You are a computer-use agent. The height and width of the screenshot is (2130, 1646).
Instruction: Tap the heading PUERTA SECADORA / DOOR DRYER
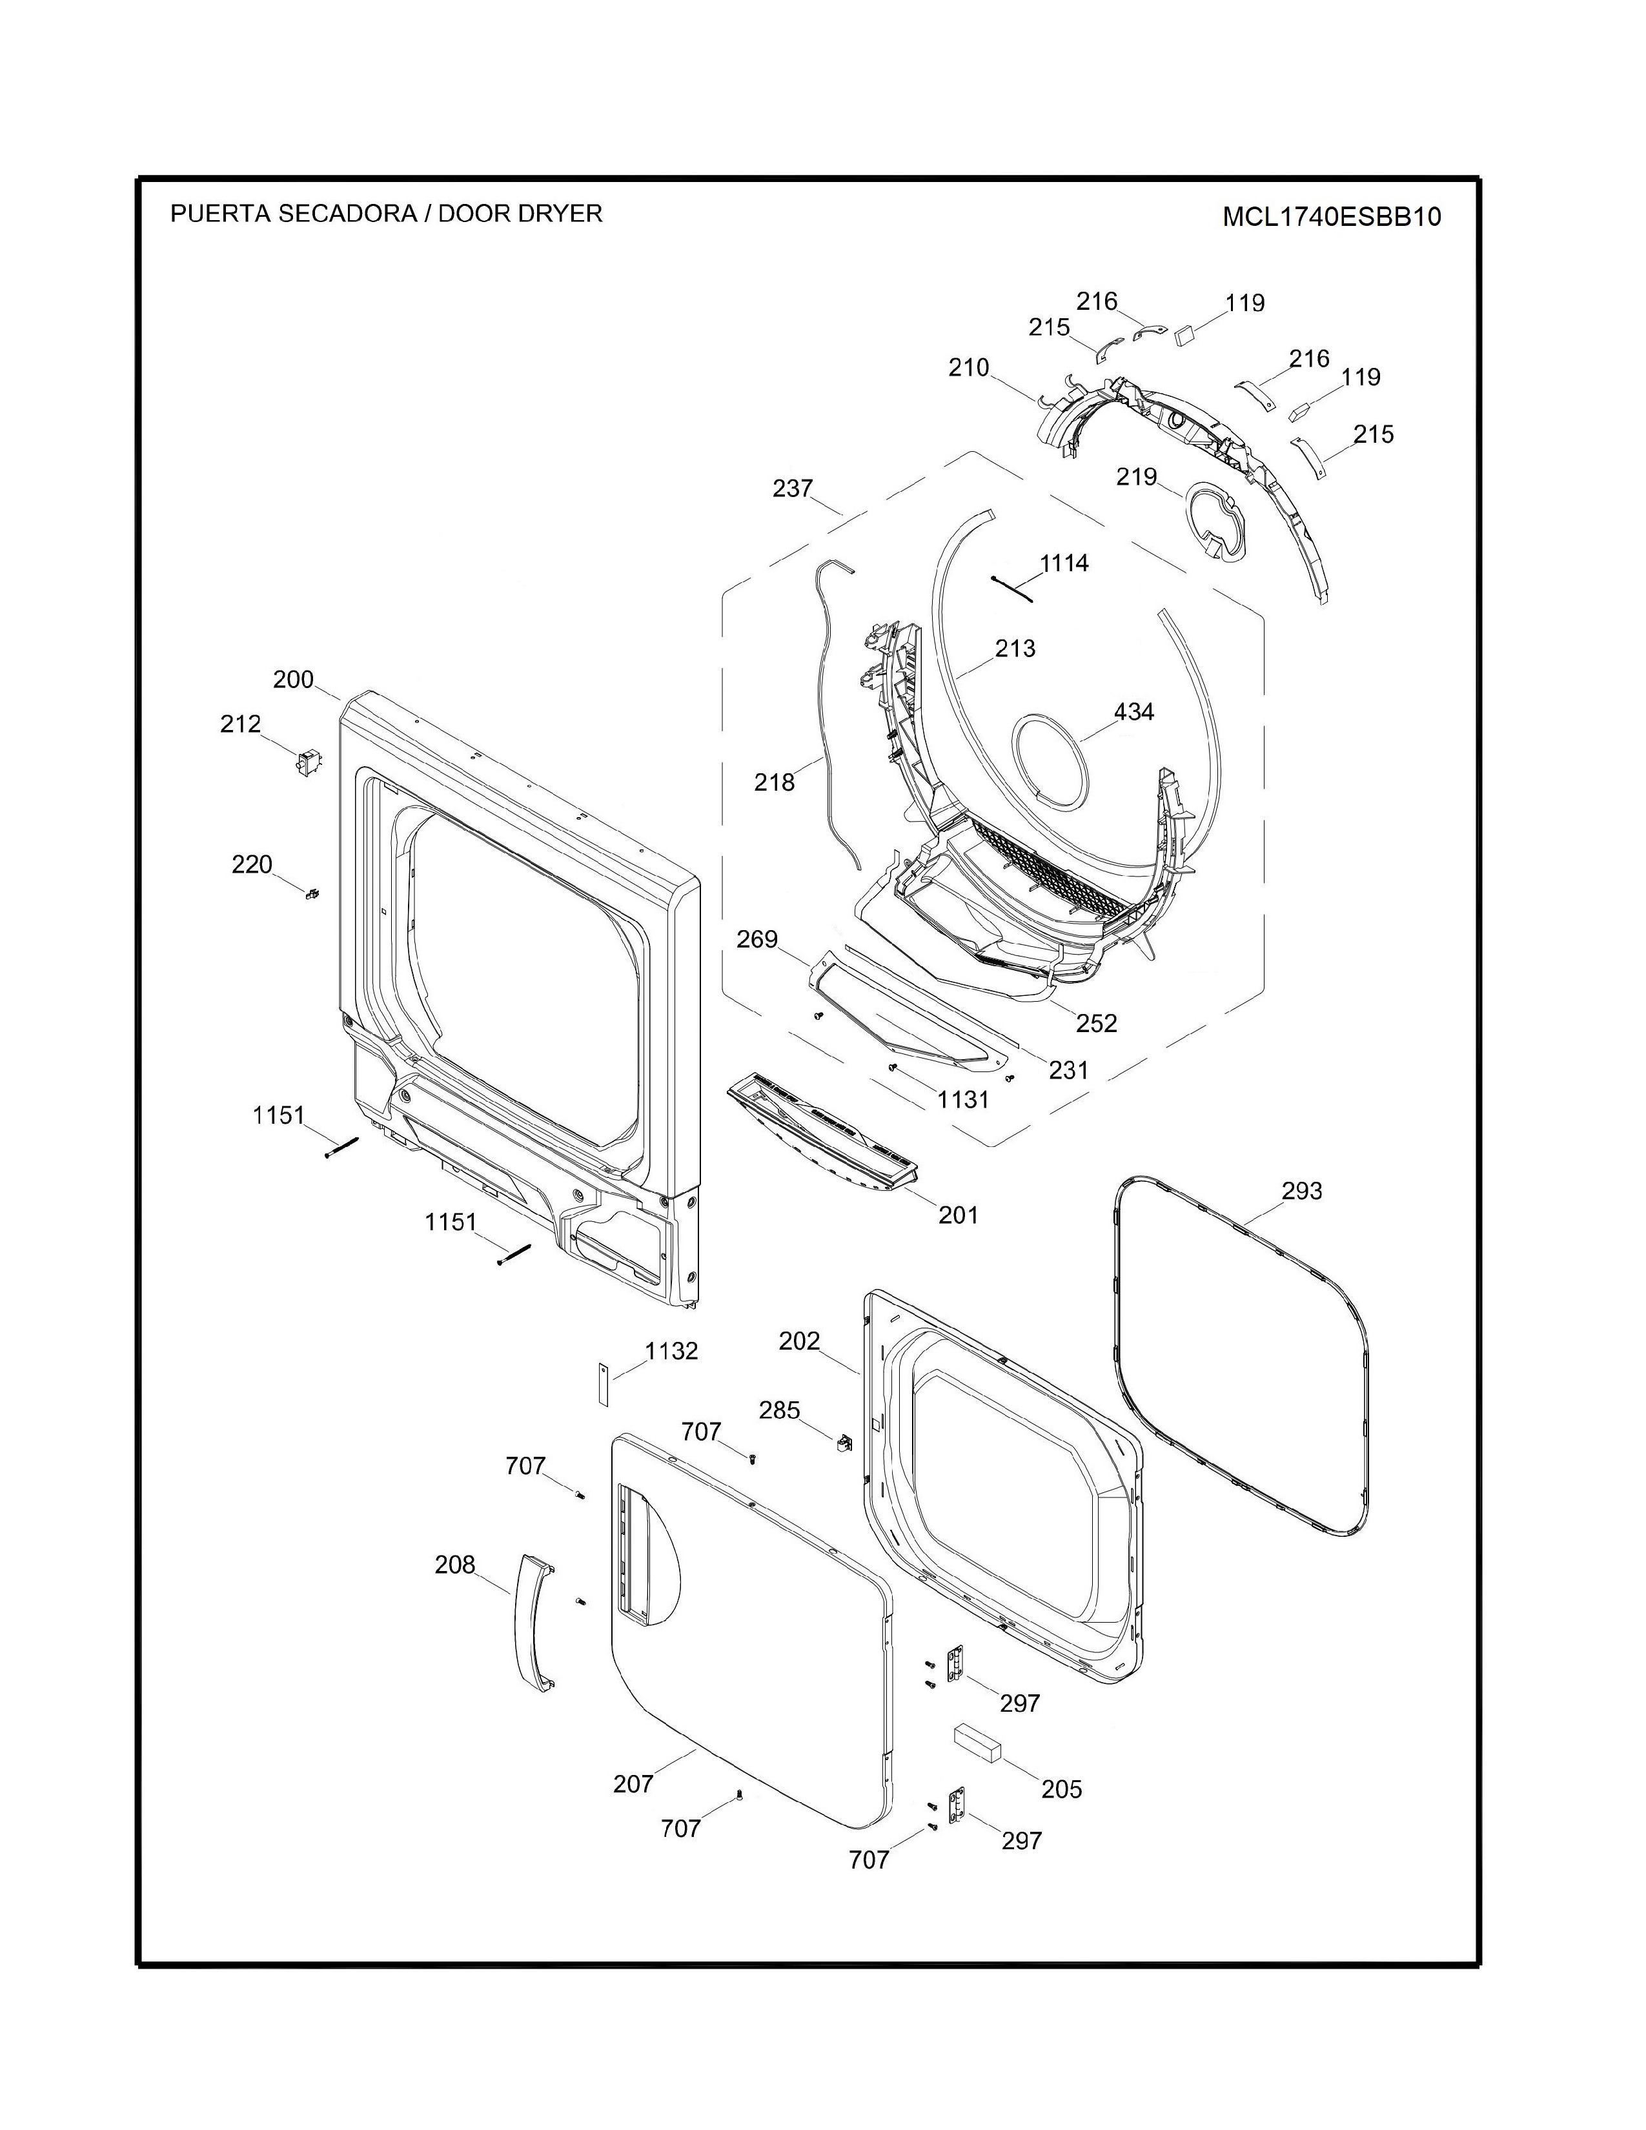point(386,214)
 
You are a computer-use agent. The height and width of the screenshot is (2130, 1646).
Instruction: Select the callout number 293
point(1302,1191)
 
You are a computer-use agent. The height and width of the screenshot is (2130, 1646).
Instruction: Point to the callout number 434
point(1134,712)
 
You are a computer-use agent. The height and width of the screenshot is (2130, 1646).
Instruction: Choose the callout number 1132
point(672,1351)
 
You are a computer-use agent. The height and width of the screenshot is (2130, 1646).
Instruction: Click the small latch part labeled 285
point(842,1441)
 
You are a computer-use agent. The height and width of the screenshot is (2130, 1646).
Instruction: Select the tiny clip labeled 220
point(313,893)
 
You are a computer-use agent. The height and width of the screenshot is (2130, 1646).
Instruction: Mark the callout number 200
point(294,680)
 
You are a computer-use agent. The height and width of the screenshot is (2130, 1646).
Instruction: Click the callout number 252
point(1097,1023)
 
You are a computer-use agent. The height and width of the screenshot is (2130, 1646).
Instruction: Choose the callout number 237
point(793,487)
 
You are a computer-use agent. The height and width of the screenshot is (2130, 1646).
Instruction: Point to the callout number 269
point(758,939)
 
